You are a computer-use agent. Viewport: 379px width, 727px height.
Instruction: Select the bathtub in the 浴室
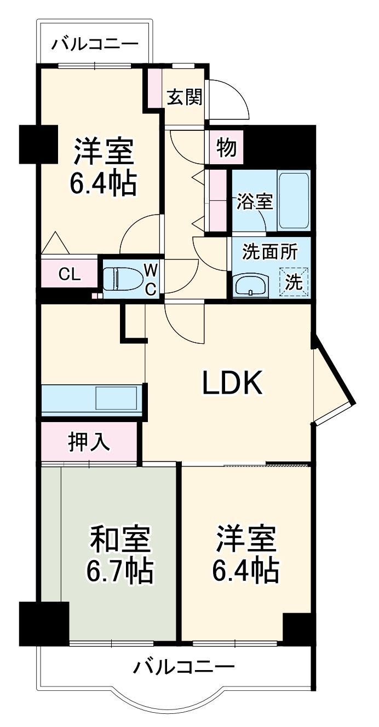(294, 201)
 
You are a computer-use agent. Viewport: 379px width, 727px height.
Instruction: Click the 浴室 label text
(254, 201)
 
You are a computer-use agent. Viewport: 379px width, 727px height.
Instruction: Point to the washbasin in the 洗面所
(250, 285)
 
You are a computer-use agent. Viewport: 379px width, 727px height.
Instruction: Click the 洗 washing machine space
(295, 282)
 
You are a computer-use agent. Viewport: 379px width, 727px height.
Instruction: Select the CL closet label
(70, 274)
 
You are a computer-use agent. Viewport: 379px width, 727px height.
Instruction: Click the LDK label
(233, 383)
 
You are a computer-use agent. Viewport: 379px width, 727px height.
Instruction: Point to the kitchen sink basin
(116, 398)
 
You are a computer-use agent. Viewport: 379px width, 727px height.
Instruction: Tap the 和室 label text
(120, 539)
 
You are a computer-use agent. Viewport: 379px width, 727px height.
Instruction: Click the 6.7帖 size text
(120, 570)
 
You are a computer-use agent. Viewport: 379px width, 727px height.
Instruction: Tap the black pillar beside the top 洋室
(38, 144)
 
